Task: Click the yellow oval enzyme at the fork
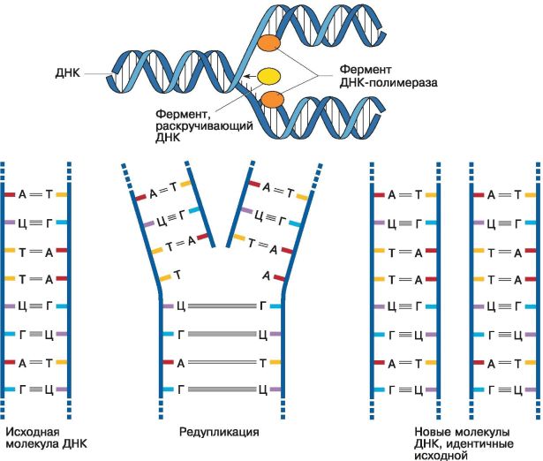(269, 77)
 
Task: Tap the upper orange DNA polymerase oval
(268, 43)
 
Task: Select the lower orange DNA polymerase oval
(272, 100)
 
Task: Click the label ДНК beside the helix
(67, 73)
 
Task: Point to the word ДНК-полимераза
(388, 83)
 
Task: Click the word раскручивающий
(204, 125)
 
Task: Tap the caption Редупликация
(219, 432)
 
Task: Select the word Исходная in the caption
(33, 432)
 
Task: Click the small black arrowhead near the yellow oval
(246, 76)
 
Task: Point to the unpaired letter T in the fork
(177, 276)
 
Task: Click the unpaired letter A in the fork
(266, 276)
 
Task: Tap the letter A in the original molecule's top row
(22, 194)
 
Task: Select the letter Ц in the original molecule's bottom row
(49, 390)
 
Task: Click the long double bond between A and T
(222, 362)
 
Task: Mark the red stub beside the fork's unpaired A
(279, 278)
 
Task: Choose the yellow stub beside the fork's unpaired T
(165, 278)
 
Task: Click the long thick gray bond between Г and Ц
(222, 334)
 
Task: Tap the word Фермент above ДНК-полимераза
(366, 70)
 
